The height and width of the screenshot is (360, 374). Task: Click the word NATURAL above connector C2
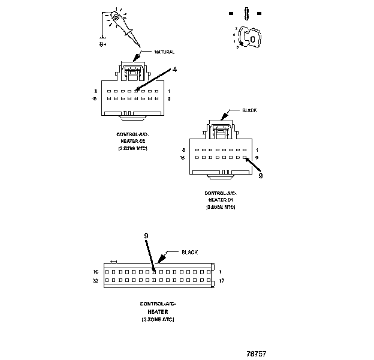point(165,52)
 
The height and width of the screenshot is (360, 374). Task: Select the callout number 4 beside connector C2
point(174,70)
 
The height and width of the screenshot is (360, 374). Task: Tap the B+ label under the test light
point(102,44)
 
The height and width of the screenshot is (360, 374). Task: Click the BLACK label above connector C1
point(249,110)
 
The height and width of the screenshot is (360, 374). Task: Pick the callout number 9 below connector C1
point(260,176)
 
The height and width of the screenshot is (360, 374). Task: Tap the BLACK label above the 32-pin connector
point(190,252)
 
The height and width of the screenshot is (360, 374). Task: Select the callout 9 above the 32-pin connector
point(146,236)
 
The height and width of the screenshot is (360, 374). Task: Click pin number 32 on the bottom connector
point(95,280)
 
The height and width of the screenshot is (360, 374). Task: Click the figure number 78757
point(257,352)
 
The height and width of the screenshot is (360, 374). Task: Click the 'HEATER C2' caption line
point(132,141)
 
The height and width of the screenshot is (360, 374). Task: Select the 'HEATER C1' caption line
point(221,200)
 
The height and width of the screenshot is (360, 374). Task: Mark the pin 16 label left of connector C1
point(183,158)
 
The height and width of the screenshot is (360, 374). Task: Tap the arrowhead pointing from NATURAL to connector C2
point(135,59)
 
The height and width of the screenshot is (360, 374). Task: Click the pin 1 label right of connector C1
point(257,149)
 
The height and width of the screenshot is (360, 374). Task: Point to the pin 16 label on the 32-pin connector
point(95,272)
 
